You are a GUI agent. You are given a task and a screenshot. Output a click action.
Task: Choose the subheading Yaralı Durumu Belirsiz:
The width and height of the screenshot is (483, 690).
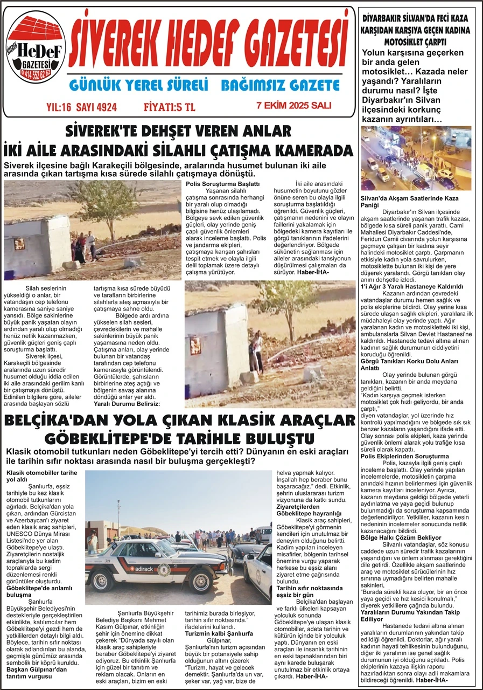pos(127,404)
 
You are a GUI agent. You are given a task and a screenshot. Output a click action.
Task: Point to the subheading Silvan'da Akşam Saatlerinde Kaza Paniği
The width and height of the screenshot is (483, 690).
pos(409,202)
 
